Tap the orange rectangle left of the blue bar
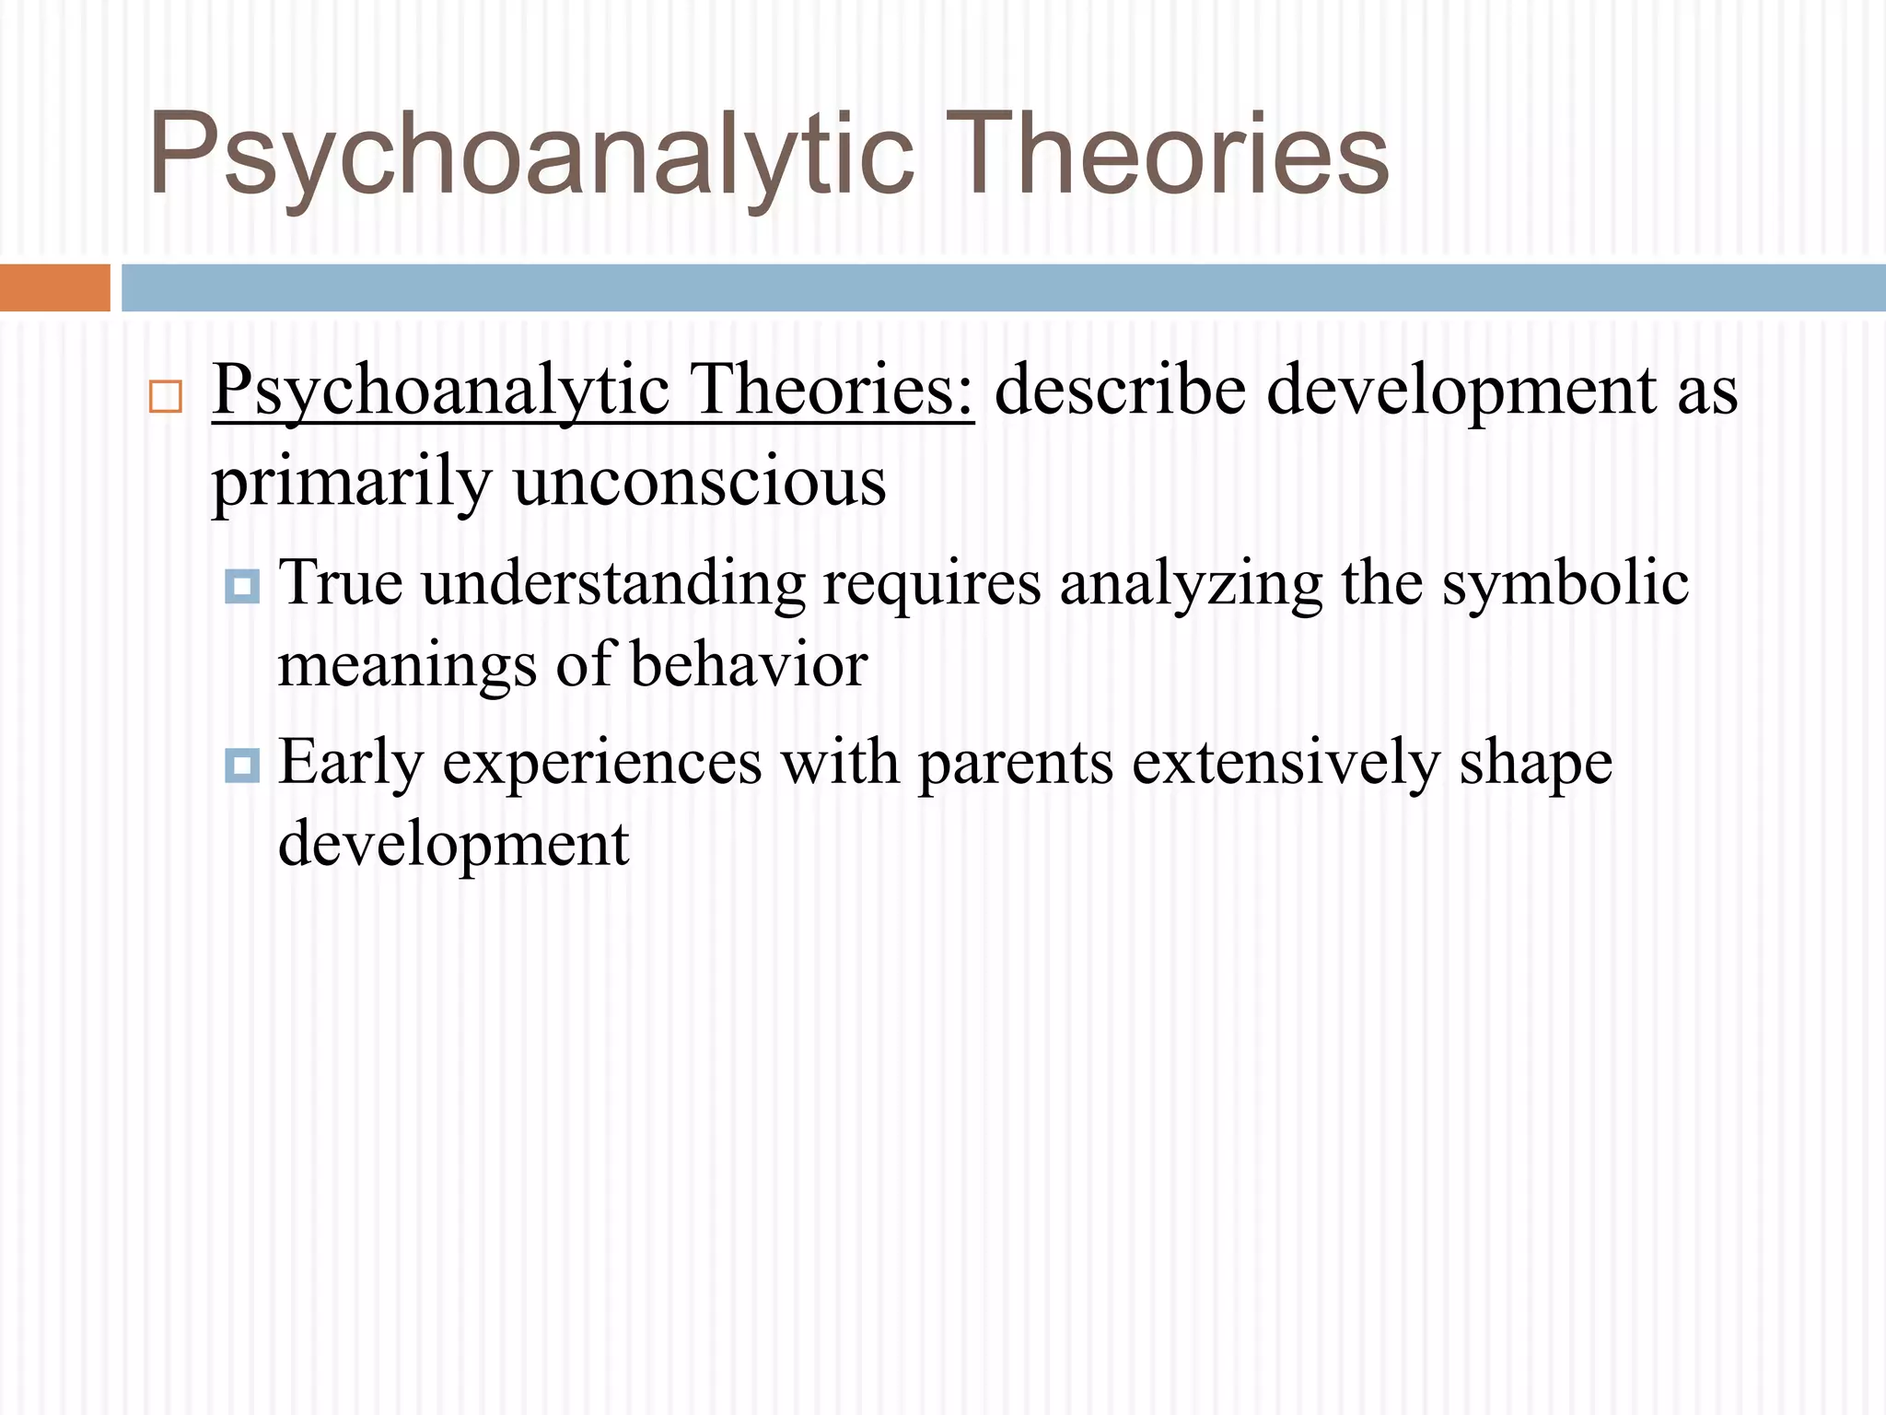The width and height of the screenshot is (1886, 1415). [54, 287]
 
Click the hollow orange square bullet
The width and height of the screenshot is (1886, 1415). [165, 397]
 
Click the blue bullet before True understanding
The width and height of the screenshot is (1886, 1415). [242, 586]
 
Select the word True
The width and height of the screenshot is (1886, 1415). [341, 582]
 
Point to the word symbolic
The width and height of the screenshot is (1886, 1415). [1565, 584]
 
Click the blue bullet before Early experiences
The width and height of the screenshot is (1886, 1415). [242, 765]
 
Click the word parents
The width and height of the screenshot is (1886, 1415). [1016, 763]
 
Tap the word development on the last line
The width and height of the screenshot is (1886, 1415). [453, 844]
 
